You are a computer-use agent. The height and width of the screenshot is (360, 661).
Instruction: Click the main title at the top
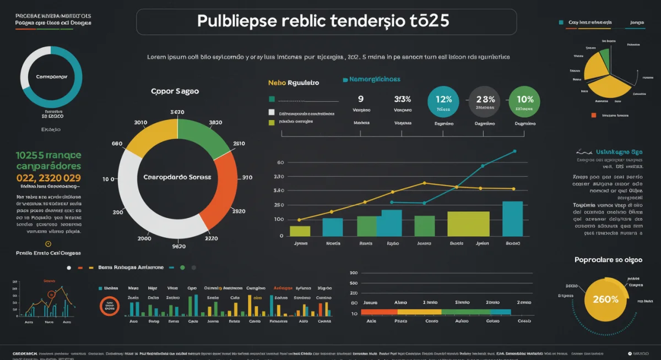[323, 21]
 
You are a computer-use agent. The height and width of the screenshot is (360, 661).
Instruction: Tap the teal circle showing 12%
[443, 101]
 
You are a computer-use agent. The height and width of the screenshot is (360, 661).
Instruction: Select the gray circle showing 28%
[485, 101]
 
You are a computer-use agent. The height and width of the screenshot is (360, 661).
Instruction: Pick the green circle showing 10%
[525, 101]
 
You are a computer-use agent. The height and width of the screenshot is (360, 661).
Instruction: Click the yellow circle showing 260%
[605, 299]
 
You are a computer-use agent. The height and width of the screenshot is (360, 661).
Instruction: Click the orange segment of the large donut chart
[221, 189]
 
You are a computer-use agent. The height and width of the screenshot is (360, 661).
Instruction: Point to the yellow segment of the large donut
[149, 134]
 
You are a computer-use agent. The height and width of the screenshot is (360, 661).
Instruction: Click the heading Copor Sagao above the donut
[175, 91]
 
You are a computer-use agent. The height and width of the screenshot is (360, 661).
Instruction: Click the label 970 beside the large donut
[247, 178]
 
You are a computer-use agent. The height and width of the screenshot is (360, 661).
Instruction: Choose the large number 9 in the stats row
[361, 99]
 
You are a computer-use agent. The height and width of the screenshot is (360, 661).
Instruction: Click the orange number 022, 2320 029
[48, 178]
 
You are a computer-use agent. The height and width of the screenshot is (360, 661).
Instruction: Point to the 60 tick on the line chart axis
[280, 162]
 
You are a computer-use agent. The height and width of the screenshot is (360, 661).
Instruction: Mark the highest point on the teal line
[514, 151]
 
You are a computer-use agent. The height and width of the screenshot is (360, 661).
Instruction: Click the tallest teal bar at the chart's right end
[513, 219]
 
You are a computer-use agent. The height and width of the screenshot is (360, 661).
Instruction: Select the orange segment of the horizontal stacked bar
[379, 312]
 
